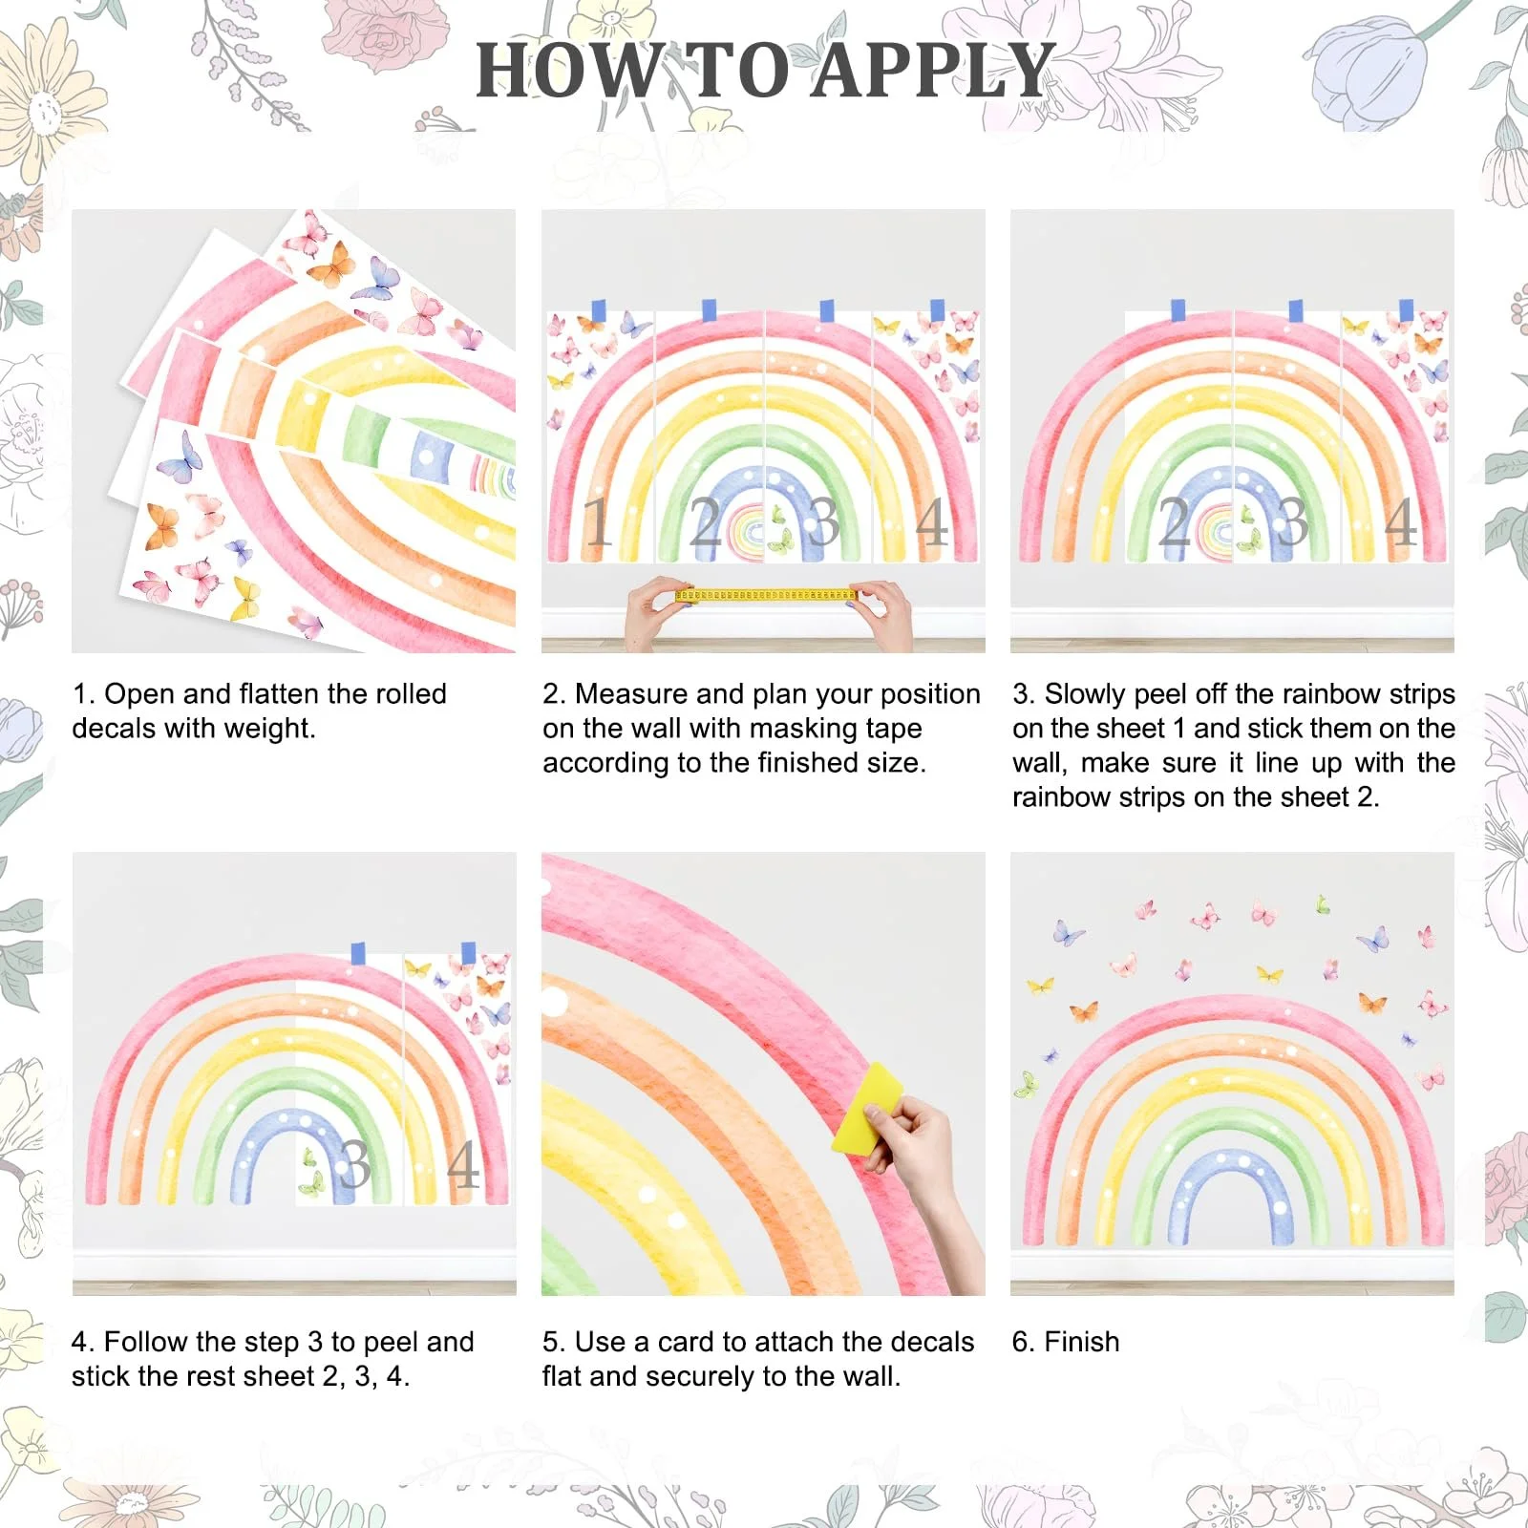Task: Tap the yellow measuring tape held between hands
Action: point(765,595)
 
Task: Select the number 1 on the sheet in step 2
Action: point(597,521)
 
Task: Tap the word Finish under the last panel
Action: point(1081,1342)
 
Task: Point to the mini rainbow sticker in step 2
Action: point(749,531)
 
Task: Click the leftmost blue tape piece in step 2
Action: point(599,310)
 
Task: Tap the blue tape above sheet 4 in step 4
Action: point(468,953)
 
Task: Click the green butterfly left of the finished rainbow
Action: point(1026,1084)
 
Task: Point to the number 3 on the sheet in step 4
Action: point(354,1164)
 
